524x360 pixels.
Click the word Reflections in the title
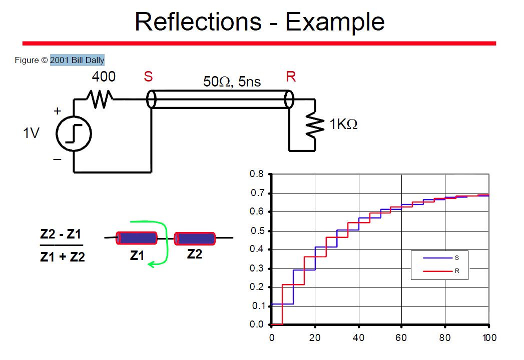(198, 21)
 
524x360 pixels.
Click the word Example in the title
(335, 22)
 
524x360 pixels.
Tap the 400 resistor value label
(104, 77)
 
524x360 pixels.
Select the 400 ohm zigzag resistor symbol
(100, 99)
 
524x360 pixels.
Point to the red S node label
(148, 77)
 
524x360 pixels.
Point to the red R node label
(291, 77)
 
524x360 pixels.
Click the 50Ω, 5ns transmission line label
(232, 82)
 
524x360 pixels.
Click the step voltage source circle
(74, 133)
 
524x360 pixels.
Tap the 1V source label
(31, 133)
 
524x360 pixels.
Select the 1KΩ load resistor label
(343, 124)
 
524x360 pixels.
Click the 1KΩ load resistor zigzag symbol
(315, 125)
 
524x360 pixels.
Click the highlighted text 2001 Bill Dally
(77, 60)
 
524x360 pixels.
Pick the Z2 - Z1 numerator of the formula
(61, 234)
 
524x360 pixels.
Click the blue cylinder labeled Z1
(137, 238)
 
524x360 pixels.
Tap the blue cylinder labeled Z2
(195, 239)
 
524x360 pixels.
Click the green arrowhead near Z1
(151, 264)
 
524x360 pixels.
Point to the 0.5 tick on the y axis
(257, 231)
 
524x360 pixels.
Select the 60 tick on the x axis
(401, 338)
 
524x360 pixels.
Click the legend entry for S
(440, 258)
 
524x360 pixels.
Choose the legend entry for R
(440, 271)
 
